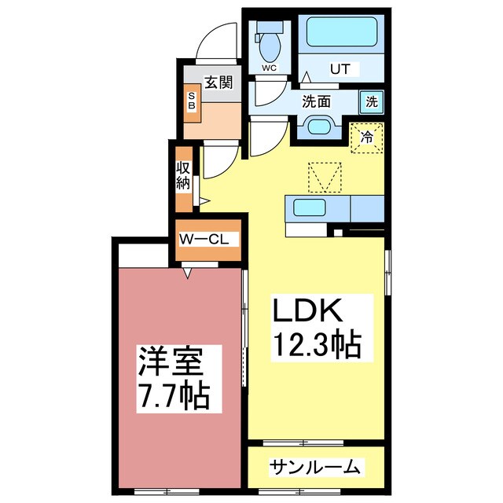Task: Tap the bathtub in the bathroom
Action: tap(342, 32)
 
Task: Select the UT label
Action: tap(339, 69)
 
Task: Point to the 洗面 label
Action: tap(317, 101)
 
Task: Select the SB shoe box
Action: tap(191, 101)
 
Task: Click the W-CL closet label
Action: tap(204, 239)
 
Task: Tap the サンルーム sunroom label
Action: tap(315, 468)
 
